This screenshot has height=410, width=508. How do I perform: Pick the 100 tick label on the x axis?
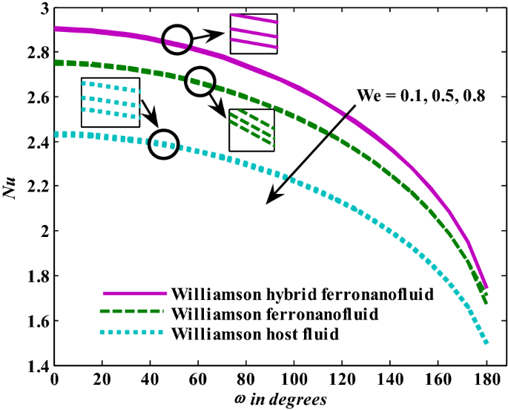click(x=294, y=380)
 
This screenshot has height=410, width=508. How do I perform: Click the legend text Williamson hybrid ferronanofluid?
click(x=301, y=293)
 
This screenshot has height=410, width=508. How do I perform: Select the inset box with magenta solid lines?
click(x=254, y=34)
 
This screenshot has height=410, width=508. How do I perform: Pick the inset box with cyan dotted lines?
click(x=110, y=102)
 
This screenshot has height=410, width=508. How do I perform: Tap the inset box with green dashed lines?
click(x=251, y=130)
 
